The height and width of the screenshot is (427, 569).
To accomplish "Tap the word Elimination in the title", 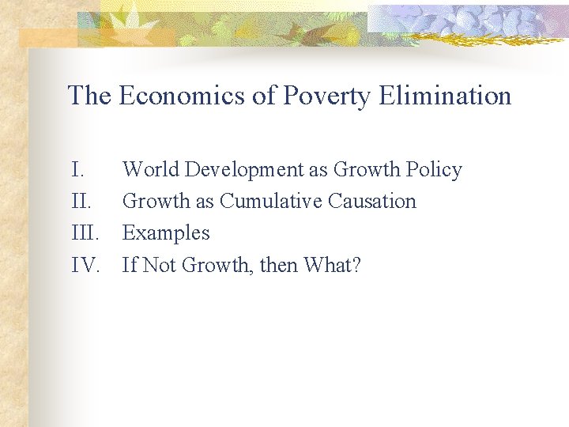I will tap(445, 96).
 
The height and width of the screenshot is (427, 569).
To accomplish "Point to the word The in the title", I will tap(90, 96).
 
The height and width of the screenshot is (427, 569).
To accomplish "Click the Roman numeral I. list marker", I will tap(77, 169).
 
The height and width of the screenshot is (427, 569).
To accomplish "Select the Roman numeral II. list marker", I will tap(81, 201).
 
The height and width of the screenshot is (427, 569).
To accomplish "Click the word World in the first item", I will tap(146, 169).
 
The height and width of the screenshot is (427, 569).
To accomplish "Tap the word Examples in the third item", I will tap(166, 233).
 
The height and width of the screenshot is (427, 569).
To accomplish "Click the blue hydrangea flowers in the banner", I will tap(482, 19).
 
